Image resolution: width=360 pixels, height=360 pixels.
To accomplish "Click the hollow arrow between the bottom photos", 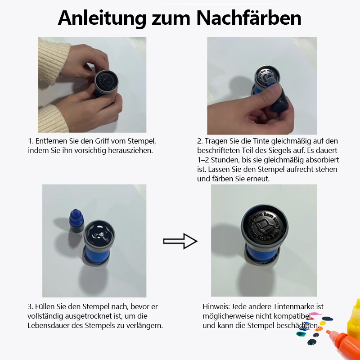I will [180, 241].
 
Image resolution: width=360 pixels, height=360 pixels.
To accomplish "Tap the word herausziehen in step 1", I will [131, 150].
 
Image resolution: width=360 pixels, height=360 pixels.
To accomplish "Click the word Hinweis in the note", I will [216, 306].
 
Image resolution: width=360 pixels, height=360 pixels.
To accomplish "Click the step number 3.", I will [30, 306].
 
